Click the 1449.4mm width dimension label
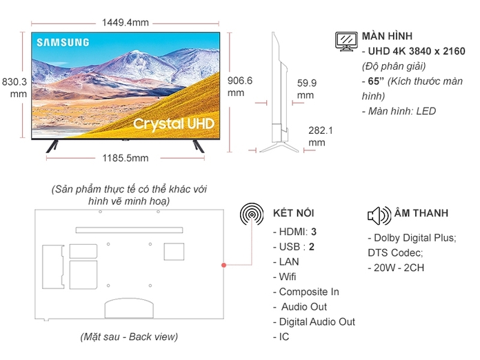pyautogui.click(x=126, y=22)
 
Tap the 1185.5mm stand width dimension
pyautogui.click(x=125, y=158)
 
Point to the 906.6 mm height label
pyautogui.click(x=240, y=86)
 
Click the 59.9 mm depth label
pyautogui.click(x=306, y=89)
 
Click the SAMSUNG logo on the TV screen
pyautogui.click(x=63, y=42)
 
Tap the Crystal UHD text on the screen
pyautogui.click(x=174, y=123)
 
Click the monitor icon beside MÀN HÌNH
pyautogui.click(x=346, y=41)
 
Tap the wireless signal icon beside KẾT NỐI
pyautogui.click(x=252, y=214)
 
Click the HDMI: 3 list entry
pyautogui.click(x=295, y=232)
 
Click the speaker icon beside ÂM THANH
pyautogui.click(x=379, y=214)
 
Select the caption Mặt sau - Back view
pyautogui.click(x=128, y=337)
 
